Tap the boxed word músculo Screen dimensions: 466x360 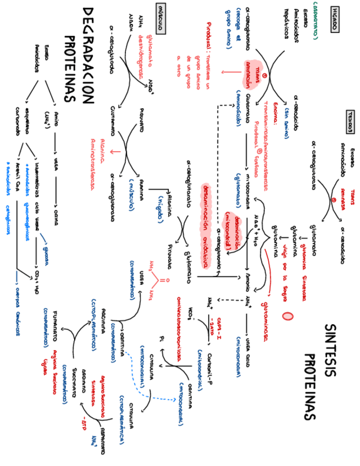[162, 23]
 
